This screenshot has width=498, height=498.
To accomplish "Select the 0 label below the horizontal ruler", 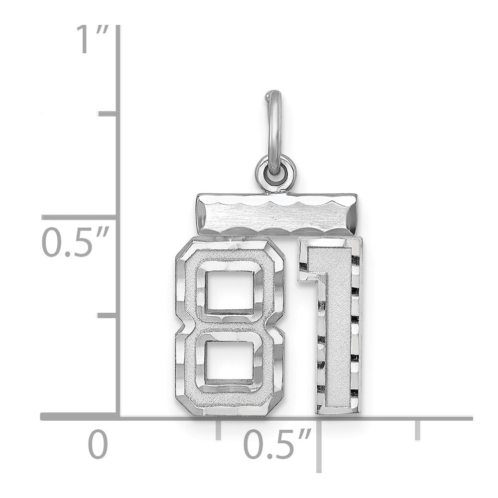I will tap(98, 445).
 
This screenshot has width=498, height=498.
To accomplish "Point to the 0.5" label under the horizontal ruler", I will tap(276, 445).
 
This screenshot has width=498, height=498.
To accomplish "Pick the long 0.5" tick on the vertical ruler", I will tap(80, 217).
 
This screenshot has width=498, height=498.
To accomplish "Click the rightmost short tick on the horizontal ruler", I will tap(417, 429).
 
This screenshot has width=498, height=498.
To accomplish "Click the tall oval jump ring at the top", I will tap(273, 124).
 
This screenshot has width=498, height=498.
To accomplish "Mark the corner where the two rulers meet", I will tap(119, 417).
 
